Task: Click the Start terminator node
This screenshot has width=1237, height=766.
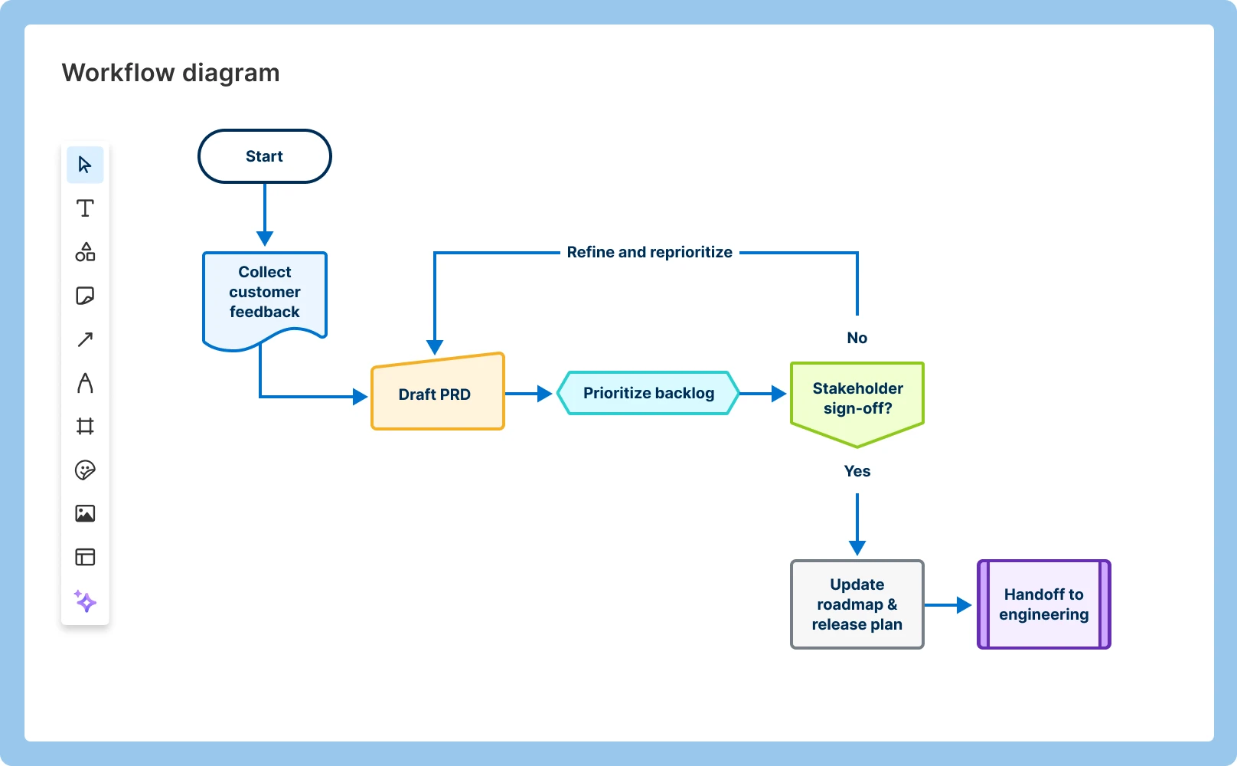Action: (264, 156)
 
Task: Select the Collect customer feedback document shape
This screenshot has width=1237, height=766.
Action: (264, 293)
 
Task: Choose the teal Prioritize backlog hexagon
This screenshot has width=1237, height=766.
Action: (648, 393)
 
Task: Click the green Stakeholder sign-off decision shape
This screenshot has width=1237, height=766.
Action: (857, 399)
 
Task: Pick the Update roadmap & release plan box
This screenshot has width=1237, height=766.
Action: (857, 604)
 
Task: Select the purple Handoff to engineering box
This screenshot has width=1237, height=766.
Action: (1043, 604)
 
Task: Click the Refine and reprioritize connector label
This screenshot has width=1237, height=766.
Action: (649, 252)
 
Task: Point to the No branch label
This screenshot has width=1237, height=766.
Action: (857, 338)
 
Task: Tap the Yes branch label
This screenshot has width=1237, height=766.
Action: (857, 471)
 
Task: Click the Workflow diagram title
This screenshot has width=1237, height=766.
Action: (171, 73)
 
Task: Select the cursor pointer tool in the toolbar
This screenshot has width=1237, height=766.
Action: (85, 165)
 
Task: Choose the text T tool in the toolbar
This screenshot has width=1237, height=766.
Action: (85, 208)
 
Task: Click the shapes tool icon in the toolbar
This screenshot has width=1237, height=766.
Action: (85, 252)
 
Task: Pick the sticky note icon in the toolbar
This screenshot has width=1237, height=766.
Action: (85, 296)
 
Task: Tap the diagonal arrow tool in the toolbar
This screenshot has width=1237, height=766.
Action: (85, 339)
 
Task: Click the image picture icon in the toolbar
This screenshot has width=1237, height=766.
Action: (85, 513)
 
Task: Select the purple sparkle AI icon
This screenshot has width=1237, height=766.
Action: (85, 601)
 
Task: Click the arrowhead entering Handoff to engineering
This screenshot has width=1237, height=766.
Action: (964, 605)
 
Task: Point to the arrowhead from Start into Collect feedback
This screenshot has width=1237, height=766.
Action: (265, 238)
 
